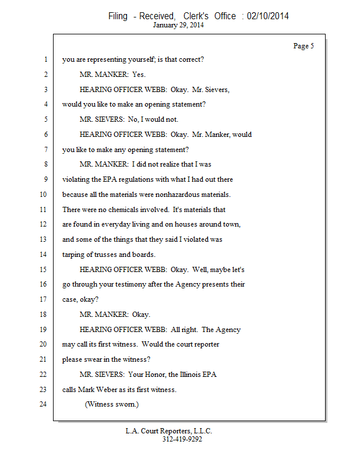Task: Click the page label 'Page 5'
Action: click(x=303, y=46)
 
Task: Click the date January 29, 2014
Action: click(x=178, y=25)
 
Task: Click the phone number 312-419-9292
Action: click(x=182, y=439)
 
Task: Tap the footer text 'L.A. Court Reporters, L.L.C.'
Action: click(x=169, y=431)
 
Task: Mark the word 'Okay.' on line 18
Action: click(x=141, y=315)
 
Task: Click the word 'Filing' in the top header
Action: click(x=119, y=16)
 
